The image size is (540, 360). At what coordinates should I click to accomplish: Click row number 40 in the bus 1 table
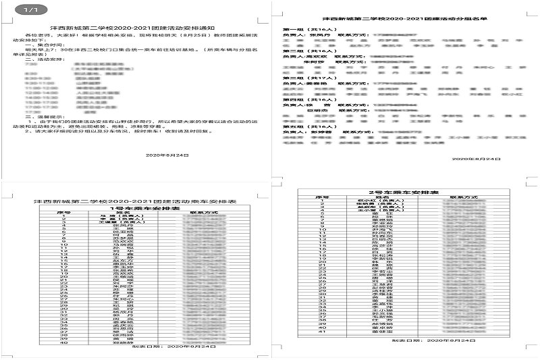pos(63,343)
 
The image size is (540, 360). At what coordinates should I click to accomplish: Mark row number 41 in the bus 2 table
pos(324,332)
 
